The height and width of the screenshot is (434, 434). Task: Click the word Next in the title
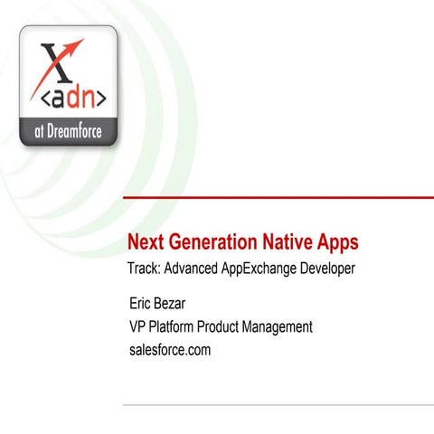[x=146, y=242]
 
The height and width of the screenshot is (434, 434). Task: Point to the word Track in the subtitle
[x=146, y=268]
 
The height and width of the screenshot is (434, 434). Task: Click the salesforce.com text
[x=170, y=350]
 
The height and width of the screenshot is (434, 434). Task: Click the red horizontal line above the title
[x=271, y=196]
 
